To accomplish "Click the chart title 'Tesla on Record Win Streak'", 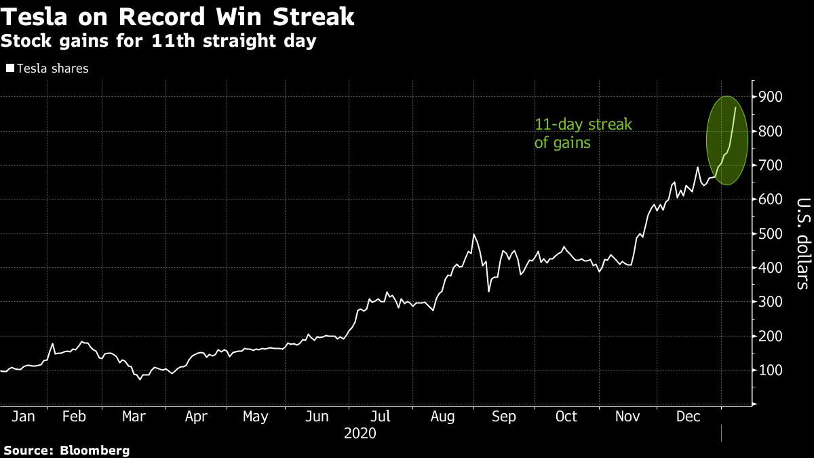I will [x=177, y=16].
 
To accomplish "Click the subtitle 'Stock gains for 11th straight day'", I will [x=159, y=41].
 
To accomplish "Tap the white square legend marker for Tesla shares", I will [x=9, y=69].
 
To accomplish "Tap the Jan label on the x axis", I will [x=23, y=417].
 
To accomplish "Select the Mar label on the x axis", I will [x=133, y=417].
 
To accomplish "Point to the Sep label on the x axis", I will [x=503, y=417].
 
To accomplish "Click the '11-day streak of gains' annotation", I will [x=583, y=134].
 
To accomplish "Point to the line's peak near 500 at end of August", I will [x=473, y=235].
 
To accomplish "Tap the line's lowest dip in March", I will [x=140, y=379].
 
